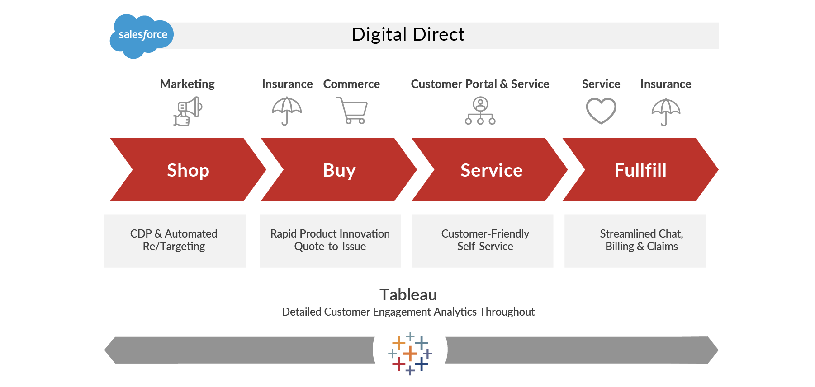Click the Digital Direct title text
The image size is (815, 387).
click(408, 35)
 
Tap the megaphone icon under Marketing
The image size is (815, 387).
click(188, 112)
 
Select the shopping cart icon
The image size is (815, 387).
click(352, 111)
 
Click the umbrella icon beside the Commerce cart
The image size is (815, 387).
click(287, 111)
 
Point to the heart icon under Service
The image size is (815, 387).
click(601, 111)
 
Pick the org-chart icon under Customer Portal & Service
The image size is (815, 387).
click(480, 111)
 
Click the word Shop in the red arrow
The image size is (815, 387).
click(188, 170)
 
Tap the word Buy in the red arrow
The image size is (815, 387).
click(339, 170)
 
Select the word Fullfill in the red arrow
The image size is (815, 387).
click(640, 170)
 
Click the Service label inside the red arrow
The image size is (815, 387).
click(491, 170)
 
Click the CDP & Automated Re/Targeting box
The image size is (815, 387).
click(175, 241)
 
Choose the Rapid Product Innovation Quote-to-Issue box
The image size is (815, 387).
click(330, 241)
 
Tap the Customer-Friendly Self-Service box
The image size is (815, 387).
click(482, 241)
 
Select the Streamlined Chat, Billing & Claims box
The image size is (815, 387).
click(635, 241)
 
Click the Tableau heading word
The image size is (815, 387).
click(408, 294)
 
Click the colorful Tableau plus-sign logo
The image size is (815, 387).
click(410, 354)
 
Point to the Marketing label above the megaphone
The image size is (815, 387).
click(187, 84)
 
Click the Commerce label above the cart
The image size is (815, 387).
click(351, 84)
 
